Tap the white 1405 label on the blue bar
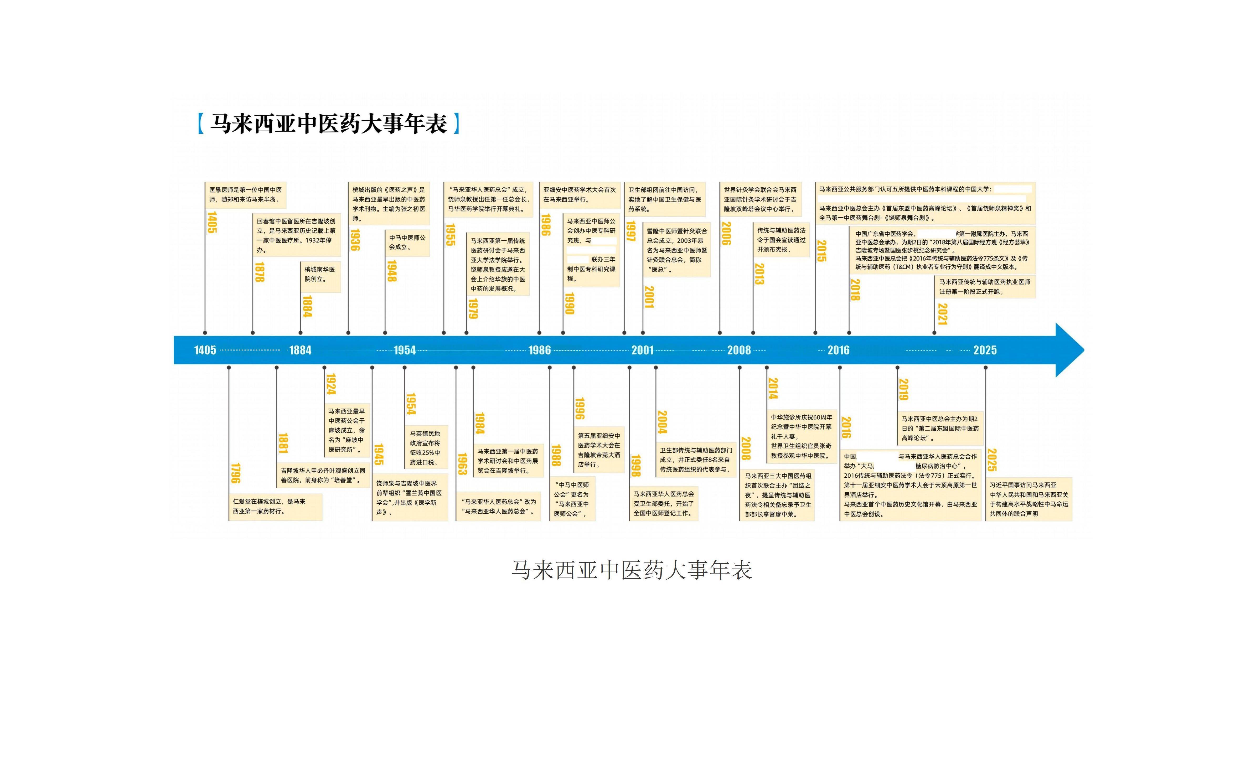[x=205, y=350]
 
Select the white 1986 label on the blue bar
[x=539, y=350]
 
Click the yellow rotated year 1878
[x=260, y=272]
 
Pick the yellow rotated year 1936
[x=355, y=240]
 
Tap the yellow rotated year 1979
[x=473, y=308]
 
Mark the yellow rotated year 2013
[x=759, y=273]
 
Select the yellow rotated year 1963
[x=462, y=464]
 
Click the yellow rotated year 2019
[x=903, y=389]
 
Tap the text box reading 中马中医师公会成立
[x=407, y=243]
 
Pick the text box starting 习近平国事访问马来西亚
[x=1029, y=499]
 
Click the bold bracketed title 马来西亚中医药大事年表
[x=329, y=124]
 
